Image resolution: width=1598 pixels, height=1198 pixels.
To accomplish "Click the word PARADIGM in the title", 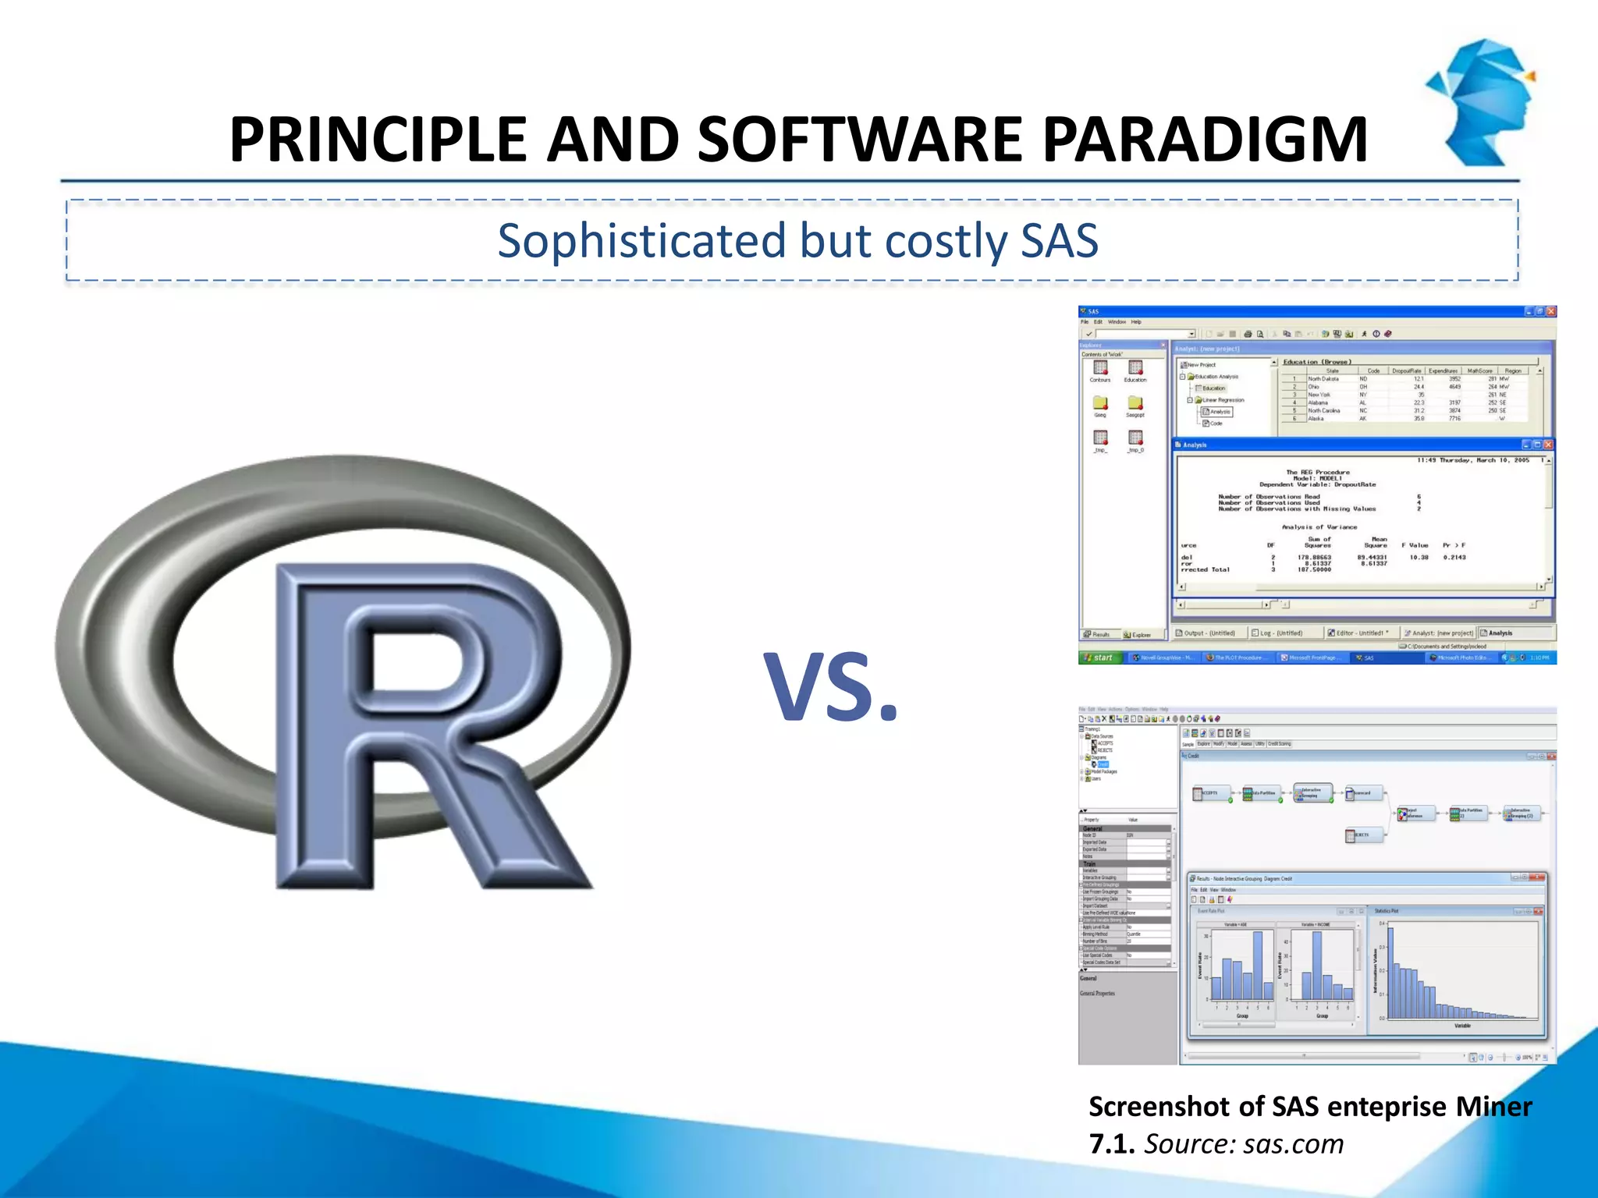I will point(1205,140).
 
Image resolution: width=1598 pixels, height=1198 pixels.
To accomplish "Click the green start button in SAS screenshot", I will point(1099,657).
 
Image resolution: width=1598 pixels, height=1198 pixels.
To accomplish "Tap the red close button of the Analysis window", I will point(1549,445).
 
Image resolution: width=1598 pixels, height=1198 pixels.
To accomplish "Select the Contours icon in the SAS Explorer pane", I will point(1100,370).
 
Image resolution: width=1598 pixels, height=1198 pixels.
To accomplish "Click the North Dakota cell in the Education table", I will point(1323,379).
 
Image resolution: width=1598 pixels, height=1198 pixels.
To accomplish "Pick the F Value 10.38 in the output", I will point(1419,558).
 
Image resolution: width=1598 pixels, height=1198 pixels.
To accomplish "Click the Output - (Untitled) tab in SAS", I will point(1206,633).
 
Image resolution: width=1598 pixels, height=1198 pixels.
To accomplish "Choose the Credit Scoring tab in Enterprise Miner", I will point(1280,744).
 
